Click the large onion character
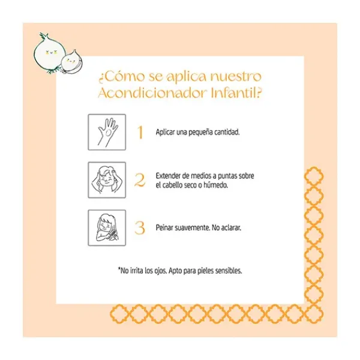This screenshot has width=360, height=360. (x=49, y=54)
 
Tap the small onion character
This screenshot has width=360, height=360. (x=72, y=62)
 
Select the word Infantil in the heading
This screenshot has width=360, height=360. (x=234, y=93)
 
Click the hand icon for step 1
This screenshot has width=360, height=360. (x=107, y=132)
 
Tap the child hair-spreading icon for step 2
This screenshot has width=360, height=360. (x=107, y=180)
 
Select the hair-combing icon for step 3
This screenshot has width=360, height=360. (x=107, y=227)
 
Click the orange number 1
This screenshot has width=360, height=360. (x=140, y=132)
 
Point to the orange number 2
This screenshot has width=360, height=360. (x=140, y=180)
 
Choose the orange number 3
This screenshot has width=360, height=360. (x=140, y=228)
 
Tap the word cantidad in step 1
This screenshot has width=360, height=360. (x=227, y=132)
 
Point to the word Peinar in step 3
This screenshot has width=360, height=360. (x=164, y=227)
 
